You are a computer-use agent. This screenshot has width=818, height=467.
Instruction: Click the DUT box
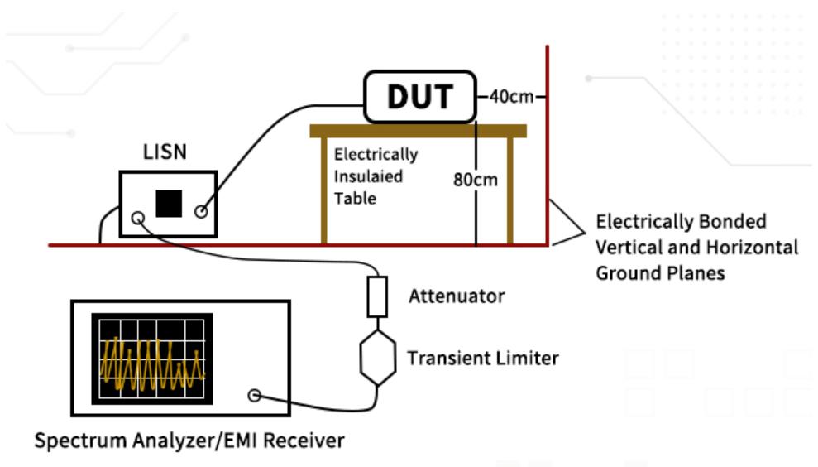coord(420,97)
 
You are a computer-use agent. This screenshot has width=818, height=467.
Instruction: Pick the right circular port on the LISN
coord(200,212)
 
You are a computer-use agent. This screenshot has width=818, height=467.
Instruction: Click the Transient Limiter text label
coord(482,359)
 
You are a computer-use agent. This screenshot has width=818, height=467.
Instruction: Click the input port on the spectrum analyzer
coord(254,396)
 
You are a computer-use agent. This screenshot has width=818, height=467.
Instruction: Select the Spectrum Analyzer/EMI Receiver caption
coord(189,441)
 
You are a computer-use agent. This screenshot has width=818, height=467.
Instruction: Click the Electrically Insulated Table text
coord(376,176)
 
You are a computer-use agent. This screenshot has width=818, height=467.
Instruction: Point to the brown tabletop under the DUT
coord(419,131)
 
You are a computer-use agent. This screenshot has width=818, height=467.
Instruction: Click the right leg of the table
coord(511,190)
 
